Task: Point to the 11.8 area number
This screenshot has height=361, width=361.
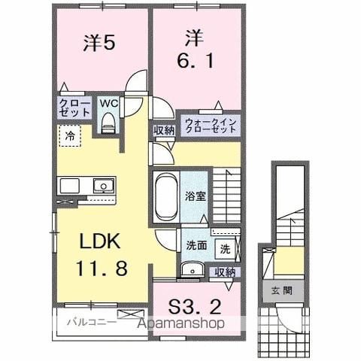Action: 104,268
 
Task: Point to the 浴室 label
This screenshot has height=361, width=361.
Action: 196,194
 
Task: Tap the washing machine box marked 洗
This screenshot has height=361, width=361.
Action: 225,246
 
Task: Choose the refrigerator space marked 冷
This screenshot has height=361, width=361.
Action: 69,138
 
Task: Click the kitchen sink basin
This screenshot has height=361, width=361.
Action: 100,185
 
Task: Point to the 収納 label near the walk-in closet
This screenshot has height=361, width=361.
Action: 164,130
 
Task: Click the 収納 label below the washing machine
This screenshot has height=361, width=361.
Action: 224,272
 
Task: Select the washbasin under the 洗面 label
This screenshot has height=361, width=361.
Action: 192,269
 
